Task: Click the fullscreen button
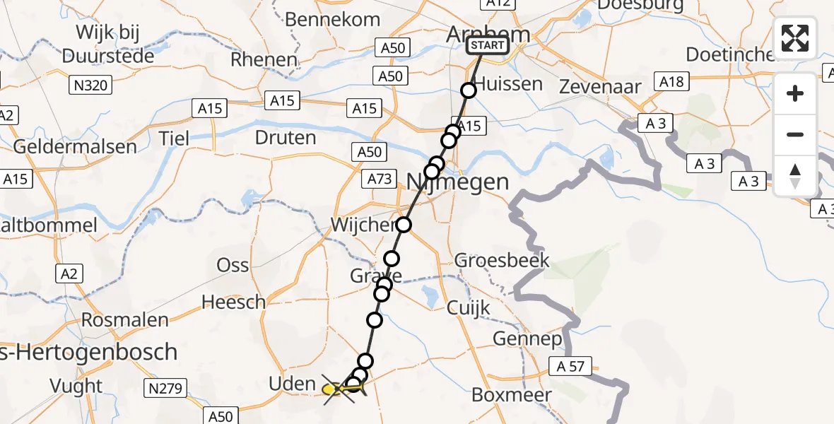coord(795,38)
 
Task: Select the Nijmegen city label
coord(458,182)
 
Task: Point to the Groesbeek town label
coord(502,260)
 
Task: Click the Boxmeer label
coord(511,395)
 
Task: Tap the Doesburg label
coord(640,6)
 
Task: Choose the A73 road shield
coord(380,179)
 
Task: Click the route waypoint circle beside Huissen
coord(469,90)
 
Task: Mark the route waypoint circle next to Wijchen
coord(404,225)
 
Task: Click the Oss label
coord(233,265)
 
